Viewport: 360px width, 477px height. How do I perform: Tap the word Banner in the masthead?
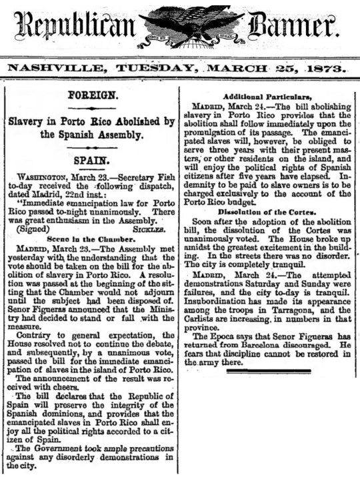pos(290,27)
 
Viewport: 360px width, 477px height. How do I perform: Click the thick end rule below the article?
pos(268,371)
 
